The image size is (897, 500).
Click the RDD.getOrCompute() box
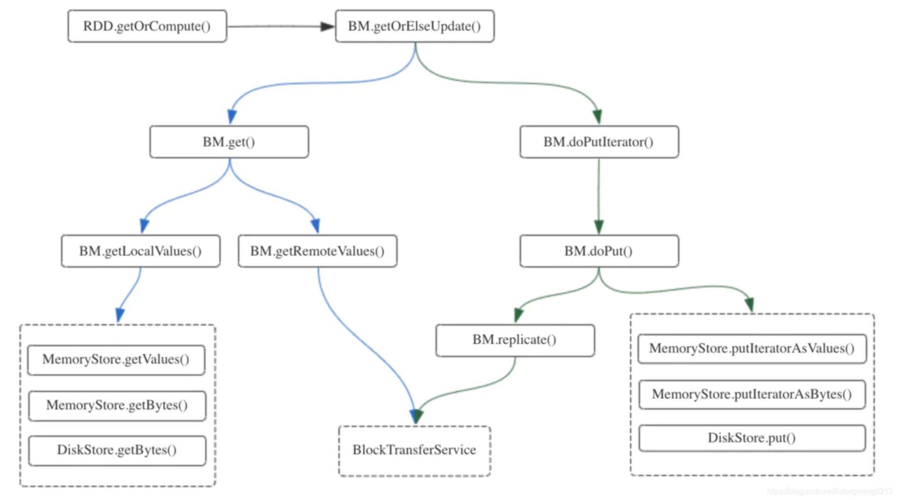click(x=147, y=26)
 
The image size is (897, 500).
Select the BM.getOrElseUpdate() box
click(x=415, y=26)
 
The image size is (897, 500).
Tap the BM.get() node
click(x=229, y=142)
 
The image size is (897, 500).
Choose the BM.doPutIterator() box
click(x=599, y=142)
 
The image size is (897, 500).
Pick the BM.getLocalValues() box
click(x=141, y=251)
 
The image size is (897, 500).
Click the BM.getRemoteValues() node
click(x=318, y=251)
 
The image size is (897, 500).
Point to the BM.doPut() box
click(x=599, y=251)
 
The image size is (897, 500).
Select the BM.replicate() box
click(x=515, y=340)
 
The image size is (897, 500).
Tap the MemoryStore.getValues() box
click(x=116, y=360)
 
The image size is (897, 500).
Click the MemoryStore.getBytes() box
click(x=117, y=406)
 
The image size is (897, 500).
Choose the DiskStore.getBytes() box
click(x=117, y=450)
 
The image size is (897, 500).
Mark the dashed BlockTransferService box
click(x=415, y=451)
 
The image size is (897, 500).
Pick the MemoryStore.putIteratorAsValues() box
click(x=752, y=349)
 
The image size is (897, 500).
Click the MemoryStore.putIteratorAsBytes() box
click(x=752, y=394)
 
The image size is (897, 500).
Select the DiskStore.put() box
click(x=752, y=438)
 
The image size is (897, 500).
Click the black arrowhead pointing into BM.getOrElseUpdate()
click(x=327, y=27)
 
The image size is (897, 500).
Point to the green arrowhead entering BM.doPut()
click(x=599, y=227)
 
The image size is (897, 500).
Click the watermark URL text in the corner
click(x=830, y=492)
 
